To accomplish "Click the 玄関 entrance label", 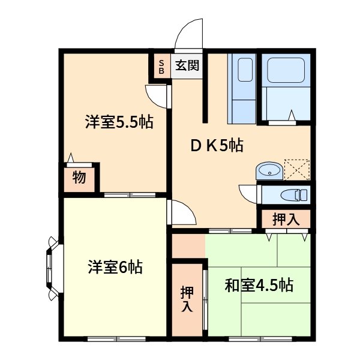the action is click(187, 65).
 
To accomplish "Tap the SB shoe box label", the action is click(161, 67).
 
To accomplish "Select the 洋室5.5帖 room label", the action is click(119, 122).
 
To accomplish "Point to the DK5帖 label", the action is click(217, 145).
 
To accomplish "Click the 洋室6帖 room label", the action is click(115, 267).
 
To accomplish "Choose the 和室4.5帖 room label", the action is click(259, 286).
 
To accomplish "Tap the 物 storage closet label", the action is click(79, 178).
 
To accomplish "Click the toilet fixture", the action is click(294, 195).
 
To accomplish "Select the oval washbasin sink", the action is click(269, 171).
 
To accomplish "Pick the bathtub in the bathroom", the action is click(286, 70).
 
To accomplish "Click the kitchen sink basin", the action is click(245, 70).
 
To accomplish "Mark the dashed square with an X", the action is click(297, 169).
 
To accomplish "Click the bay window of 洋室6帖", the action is click(53, 268).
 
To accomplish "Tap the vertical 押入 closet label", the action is click(187, 299).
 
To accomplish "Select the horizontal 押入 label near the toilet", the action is click(286, 219).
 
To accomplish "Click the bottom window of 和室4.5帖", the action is click(260, 338).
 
